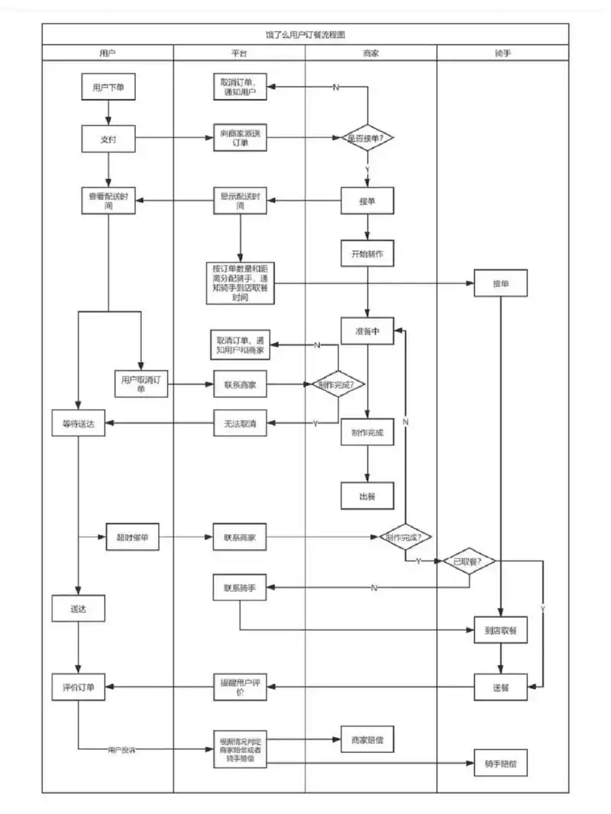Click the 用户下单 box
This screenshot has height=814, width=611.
[108, 87]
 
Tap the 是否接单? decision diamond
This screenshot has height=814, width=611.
[367, 138]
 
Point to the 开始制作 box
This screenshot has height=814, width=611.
[367, 253]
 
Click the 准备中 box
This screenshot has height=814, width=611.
[367, 330]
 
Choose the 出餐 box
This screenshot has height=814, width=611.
[367, 496]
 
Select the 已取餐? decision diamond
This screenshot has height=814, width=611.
[469, 561]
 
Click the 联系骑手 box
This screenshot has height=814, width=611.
[240, 587]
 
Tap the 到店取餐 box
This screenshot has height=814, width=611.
[500, 630]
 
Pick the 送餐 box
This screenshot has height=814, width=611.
[500, 687]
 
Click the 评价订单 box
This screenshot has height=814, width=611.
[79, 687]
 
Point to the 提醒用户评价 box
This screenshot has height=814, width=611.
[240, 687]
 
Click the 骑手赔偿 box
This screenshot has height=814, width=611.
[500, 763]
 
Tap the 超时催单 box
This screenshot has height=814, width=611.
[132, 538]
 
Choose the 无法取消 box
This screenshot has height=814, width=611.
[240, 423]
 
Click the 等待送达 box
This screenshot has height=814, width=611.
[79, 423]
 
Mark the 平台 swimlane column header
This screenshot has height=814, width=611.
[239, 53]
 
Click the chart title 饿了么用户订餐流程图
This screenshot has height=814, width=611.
[305, 34]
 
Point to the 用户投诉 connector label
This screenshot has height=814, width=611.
[121, 751]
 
